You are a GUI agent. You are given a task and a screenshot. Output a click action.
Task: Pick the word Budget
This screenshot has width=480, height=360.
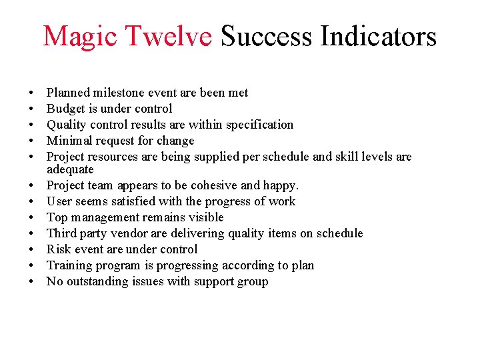click(x=65, y=109)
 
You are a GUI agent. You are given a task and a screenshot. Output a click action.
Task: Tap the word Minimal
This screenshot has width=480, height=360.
click(x=69, y=141)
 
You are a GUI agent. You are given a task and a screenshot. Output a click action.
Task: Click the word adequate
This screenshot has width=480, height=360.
click(x=70, y=169)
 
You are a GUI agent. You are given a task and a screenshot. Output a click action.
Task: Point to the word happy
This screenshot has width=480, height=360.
click(x=281, y=185)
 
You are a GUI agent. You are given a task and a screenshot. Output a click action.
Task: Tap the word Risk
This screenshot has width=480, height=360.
click(x=58, y=249)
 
